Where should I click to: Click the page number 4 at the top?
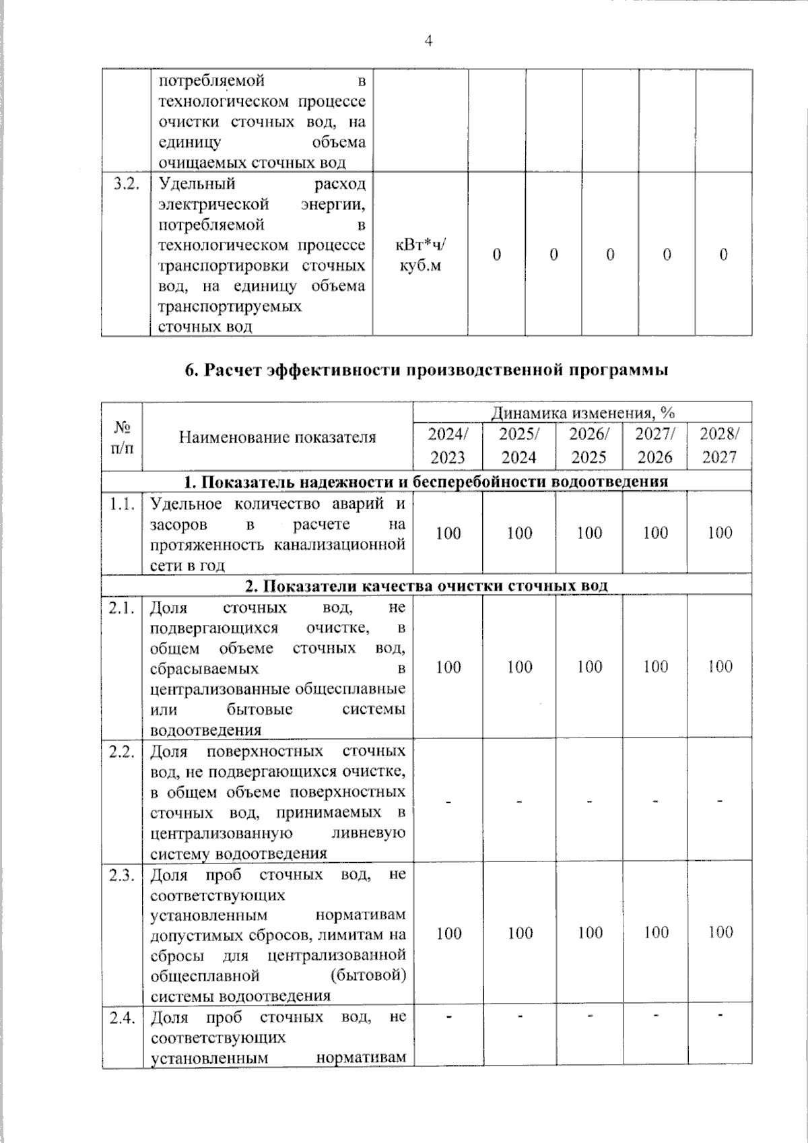coord(428,41)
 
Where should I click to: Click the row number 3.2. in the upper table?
coord(126,185)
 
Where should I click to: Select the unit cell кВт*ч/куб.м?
coord(420,255)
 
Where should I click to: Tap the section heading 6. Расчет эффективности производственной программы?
coord(427,370)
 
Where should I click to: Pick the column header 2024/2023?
coord(448,446)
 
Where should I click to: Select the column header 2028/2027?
coord(719,446)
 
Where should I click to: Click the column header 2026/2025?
coord(589,446)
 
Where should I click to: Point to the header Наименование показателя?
coord(277,437)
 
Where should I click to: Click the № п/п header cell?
coord(122,437)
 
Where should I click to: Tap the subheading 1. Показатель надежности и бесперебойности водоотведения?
coord(426,482)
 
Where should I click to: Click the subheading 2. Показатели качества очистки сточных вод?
coord(426,585)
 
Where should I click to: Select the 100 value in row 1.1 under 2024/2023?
coord(448,533)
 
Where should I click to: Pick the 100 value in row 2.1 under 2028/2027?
coord(720,667)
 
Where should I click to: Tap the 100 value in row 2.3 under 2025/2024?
coord(520,933)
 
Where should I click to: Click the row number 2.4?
coord(123,1018)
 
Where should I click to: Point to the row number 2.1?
coord(123,608)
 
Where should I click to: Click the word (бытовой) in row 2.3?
coord(368,975)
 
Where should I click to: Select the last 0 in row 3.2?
coord(724,255)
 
